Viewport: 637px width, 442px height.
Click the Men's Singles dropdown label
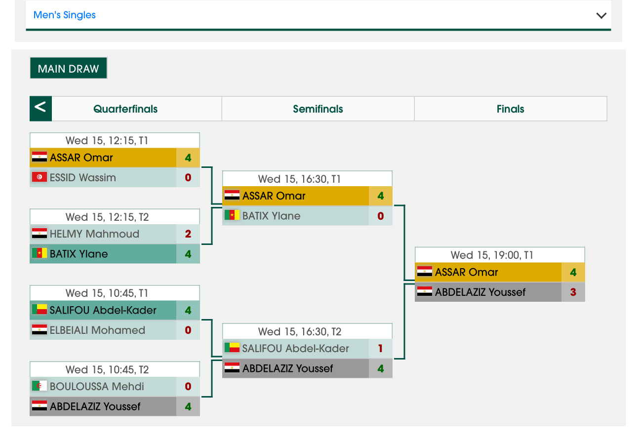tap(65, 15)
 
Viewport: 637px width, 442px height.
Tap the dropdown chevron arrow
tap(601, 15)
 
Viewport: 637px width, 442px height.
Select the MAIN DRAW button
tap(68, 69)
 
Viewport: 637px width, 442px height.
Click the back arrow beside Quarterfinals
tap(40, 108)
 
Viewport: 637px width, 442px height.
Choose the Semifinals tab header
tap(318, 109)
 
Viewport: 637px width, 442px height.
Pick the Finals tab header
tap(510, 109)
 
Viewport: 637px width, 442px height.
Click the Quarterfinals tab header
tap(125, 109)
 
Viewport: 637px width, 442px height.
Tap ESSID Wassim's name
tap(83, 177)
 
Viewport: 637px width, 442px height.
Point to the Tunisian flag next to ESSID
tap(40, 177)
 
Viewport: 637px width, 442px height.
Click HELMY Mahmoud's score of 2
tap(188, 234)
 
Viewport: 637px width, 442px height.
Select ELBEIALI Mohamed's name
tap(97, 330)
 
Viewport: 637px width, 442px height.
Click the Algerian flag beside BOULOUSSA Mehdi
tap(40, 386)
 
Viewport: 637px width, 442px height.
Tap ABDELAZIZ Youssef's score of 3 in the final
tap(573, 292)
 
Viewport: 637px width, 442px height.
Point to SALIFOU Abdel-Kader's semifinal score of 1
tap(380, 349)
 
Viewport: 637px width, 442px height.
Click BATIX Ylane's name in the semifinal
tap(271, 216)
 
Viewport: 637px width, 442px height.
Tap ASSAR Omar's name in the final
tap(466, 272)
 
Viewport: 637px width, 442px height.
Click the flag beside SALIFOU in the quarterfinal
tap(40, 310)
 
